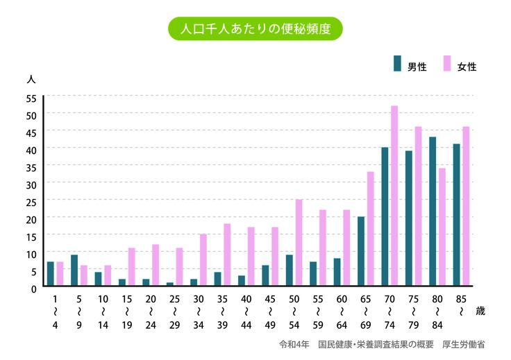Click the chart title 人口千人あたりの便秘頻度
255,29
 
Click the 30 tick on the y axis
31,184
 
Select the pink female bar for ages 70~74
394,196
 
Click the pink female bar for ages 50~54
299,242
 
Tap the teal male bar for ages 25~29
169,284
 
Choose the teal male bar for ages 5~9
74,270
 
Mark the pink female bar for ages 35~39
227,255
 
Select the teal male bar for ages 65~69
361,250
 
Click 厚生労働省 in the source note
463,344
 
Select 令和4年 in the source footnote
294,344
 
